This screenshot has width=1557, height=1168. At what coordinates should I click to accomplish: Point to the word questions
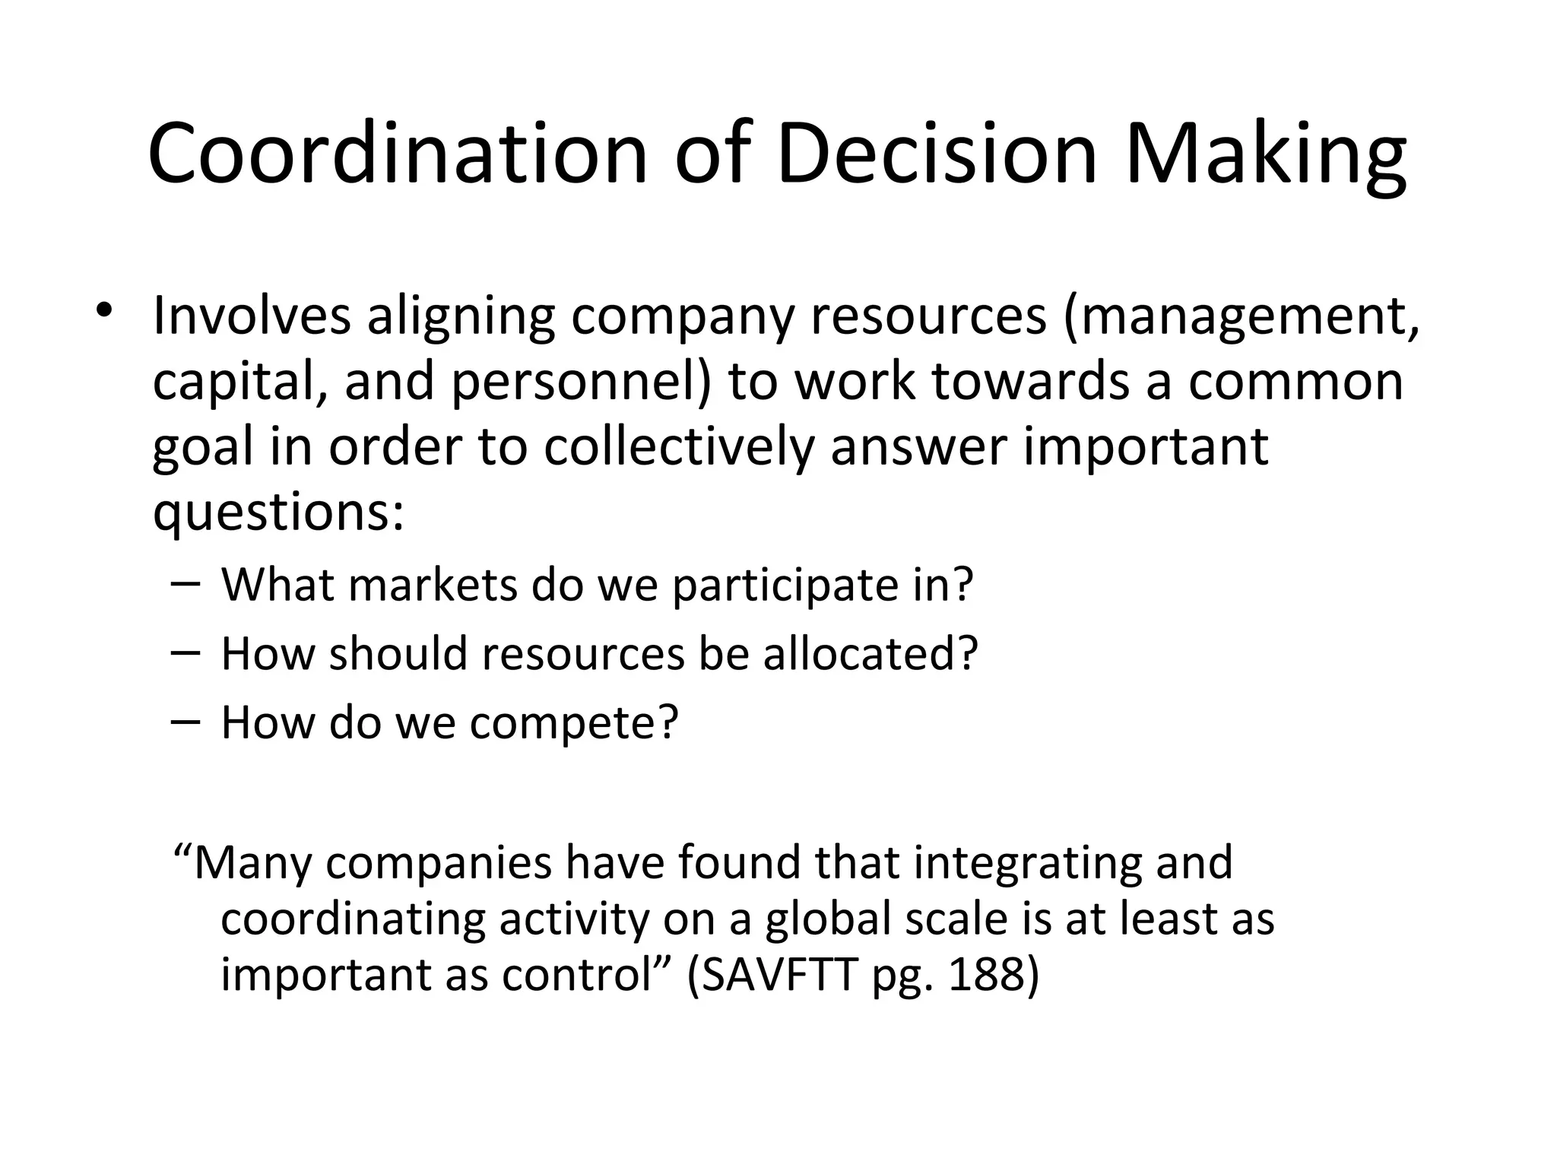click(x=277, y=514)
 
